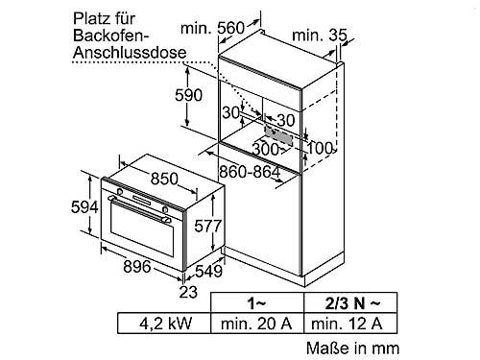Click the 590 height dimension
point(189,96)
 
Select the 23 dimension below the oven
point(191,293)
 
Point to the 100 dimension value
point(321,148)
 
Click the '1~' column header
point(255,301)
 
